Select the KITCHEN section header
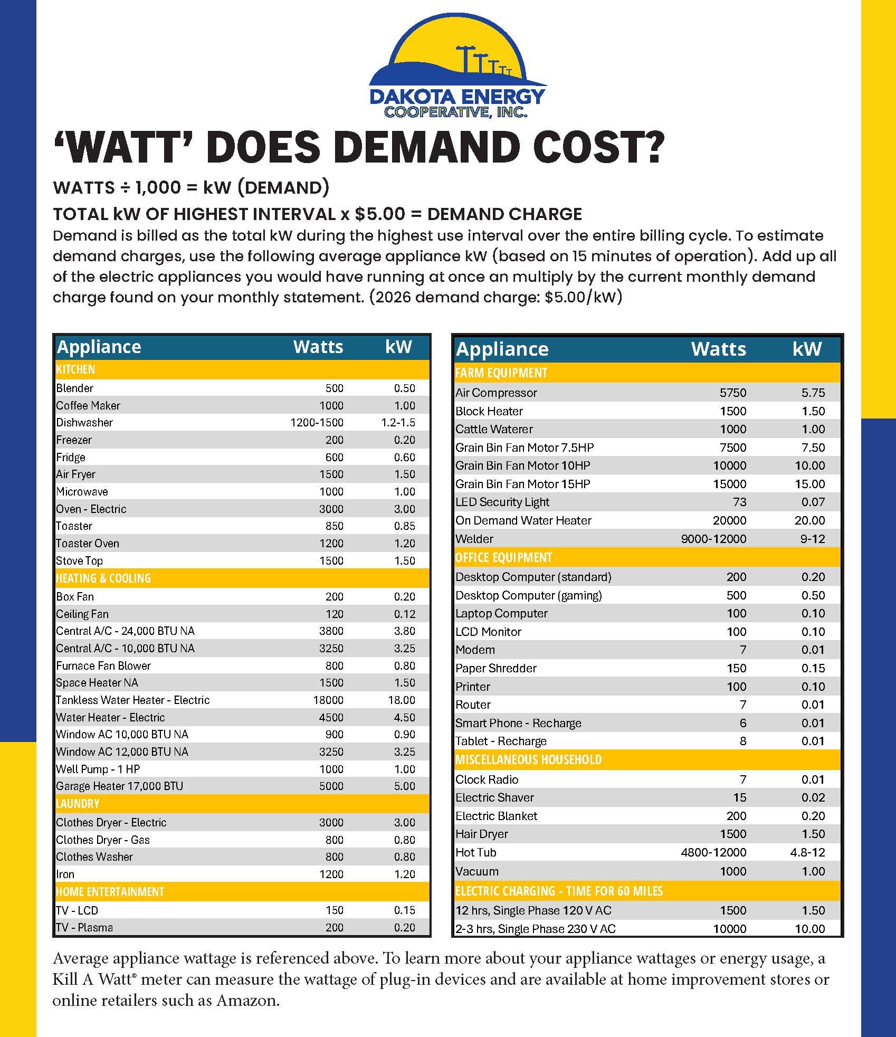point(75,369)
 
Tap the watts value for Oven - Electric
point(331,509)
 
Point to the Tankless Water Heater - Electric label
point(132,700)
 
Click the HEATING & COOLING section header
point(103,578)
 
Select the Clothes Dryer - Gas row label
point(103,840)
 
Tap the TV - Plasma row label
point(84,927)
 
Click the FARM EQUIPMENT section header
point(501,373)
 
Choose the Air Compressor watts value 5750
point(732,393)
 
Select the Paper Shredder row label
point(496,668)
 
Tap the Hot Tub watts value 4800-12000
point(713,852)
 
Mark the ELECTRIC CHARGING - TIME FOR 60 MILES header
point(559,891)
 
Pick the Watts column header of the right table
point(718,349)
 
